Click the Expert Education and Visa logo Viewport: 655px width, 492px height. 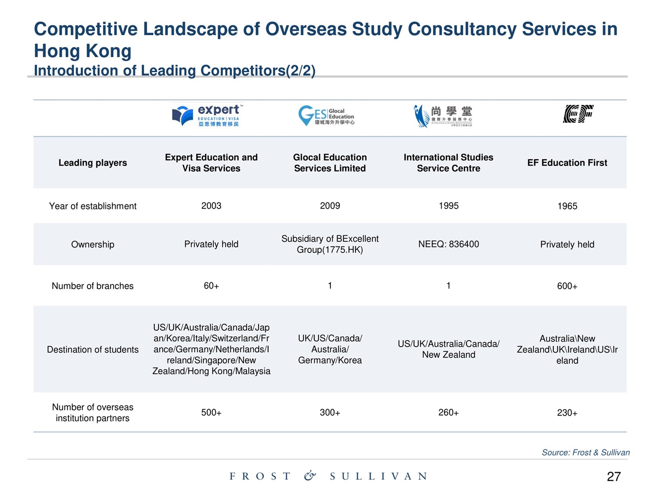(206, 115)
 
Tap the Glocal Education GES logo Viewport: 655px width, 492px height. (327, 115)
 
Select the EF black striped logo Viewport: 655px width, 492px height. (578, 114)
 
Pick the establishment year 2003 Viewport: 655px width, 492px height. (211, 206)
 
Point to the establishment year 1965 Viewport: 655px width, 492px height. (567, 206)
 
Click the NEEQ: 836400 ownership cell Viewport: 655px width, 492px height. (448, 244)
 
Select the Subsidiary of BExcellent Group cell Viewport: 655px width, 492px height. (330, 244)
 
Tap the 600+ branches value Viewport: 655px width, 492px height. (567, 286)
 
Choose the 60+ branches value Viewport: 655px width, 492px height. (211, 286)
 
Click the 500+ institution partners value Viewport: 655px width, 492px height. (211, 413)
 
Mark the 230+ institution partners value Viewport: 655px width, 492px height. (567, 413)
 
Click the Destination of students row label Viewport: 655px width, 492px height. (93, 350)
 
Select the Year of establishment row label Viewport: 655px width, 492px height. (93, 206)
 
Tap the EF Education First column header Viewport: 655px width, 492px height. (567, 163)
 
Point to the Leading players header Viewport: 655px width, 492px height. (93, 163)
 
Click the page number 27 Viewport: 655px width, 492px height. (613, 477)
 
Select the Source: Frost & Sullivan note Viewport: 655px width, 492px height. (585, 452)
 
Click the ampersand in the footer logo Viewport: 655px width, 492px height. (310, 476)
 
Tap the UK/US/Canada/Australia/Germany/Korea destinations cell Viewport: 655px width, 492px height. (330, 350)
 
